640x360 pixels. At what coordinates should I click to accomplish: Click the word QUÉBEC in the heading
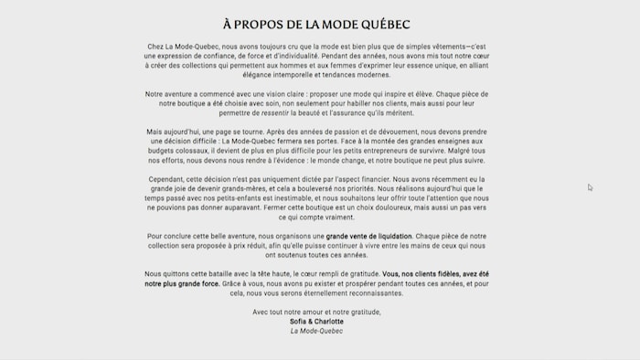click(x=382, y=24)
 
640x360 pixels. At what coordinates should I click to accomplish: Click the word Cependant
click(x=168, y=179)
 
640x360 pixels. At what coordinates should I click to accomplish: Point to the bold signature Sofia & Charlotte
click(x=316, y=322)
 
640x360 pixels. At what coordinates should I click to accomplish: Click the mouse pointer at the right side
click(x=590, y=187)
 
